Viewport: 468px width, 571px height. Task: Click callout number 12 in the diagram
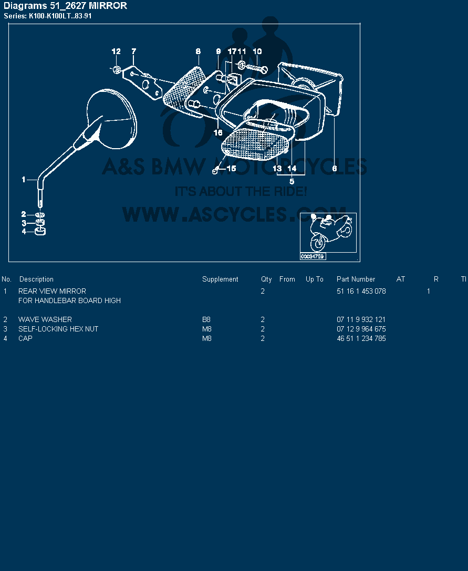(116, 51)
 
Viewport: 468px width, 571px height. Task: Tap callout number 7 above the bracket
(133, 51)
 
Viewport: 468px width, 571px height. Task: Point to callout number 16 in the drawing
(218, 132)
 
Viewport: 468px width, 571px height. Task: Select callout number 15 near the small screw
(231, 168)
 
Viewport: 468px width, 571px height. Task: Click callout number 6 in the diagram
(335, 168)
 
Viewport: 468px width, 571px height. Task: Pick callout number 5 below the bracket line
(292, 181)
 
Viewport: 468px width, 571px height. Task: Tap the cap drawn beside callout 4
(40, 231)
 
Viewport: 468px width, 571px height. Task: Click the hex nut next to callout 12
(116, 69)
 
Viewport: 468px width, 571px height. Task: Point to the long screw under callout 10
(257, 68)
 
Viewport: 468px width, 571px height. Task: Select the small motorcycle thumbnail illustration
(328, 233)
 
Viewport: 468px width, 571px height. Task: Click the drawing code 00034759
(312, 256)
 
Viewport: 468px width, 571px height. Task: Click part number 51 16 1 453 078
(361, 291)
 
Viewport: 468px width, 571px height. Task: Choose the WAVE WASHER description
(45, 319)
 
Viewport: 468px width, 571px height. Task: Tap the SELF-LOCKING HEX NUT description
(58, 329)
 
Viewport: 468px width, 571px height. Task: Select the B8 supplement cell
(206, 319)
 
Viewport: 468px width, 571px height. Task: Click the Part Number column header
(356, 279)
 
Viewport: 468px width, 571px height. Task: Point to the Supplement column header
(220, 279)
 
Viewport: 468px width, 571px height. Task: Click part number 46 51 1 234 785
(361, 338)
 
